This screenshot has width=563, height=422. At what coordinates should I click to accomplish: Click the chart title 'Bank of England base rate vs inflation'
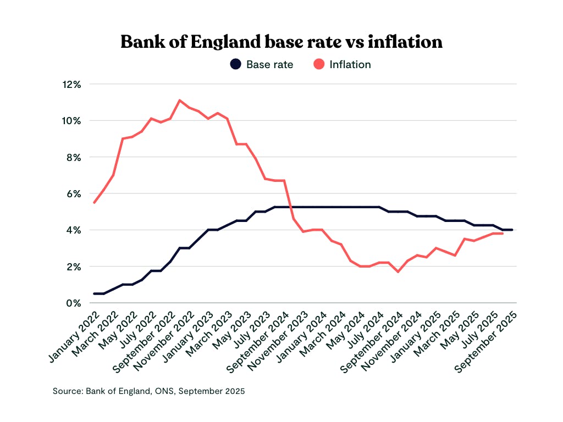coord(281,42)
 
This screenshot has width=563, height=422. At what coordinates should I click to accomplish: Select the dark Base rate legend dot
coord(235,64)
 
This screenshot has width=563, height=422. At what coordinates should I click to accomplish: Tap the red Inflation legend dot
coord(318,64)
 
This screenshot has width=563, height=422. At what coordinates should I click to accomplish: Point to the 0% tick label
coord(74,303)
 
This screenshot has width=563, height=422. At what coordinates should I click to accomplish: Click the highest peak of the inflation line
coord(180,100)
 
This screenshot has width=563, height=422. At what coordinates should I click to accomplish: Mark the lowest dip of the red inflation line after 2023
coord(398,272)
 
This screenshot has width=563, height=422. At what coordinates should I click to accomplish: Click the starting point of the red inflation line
coord(95,203)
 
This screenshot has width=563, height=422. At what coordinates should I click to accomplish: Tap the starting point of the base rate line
coord(95,293)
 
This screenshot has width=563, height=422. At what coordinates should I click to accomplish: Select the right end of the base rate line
coord(512,230)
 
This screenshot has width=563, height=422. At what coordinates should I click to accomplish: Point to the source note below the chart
coord(148,391)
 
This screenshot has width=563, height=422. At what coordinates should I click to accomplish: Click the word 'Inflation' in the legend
coord(350,64)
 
